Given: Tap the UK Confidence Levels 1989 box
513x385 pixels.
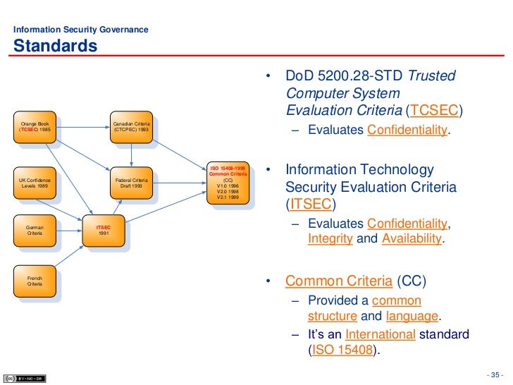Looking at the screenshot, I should pos(35,184).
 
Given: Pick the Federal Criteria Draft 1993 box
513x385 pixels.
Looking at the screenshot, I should pos(132,184).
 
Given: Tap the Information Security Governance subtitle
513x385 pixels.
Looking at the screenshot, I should pos(81,30).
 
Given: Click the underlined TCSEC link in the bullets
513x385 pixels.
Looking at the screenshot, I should pos(436,111).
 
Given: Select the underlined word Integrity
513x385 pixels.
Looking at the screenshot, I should pos(330,238).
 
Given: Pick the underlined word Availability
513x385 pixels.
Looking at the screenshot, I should pos(412,238).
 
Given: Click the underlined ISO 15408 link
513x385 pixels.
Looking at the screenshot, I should pos(341,350).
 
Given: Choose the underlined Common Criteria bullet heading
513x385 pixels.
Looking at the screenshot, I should pos(339,281).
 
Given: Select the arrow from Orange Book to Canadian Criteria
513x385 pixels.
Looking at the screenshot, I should pos(82,128).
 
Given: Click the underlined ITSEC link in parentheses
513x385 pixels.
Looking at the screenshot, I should pos(310,205).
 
